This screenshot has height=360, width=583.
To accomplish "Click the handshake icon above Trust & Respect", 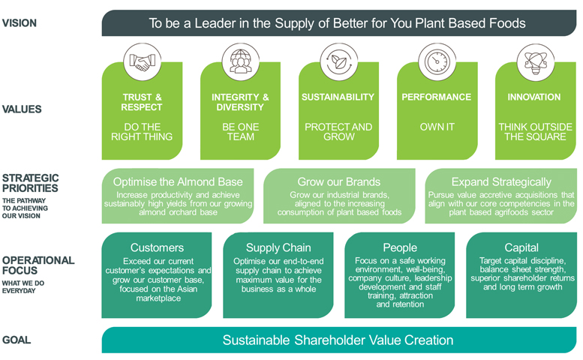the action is pyautogui.click(x=142, y=62).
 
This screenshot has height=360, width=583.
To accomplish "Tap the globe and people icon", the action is pyautogui.click(x=241, y=61).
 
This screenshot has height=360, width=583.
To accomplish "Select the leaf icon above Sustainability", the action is pyautogui.click(x=338, y=61).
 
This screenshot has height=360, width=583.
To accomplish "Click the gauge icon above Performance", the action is pyautogui.click(x=437, y=61).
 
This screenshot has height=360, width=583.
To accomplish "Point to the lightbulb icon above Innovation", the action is pyautogui.click(x=536, y=62).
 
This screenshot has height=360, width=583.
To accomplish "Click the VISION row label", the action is pyautogui.click(x=20, y=23).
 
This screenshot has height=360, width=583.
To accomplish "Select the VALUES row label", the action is pyautogui.click(x=22, y=109).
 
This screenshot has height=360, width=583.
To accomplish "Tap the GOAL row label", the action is pyautogui.click(x=17, y=340).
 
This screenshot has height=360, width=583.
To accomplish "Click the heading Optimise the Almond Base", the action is pyautogui.click(x=178, y=181).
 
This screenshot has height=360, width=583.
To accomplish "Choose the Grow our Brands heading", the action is pyautogui.click(x=338, y=181).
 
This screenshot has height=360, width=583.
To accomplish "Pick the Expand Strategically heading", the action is pyautogui.click(x=501, y=182).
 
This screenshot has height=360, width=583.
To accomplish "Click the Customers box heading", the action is pyautogui.click(x=157, y=247).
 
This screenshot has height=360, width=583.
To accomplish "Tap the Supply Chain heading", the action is pyautogui.click(x=278, y=247).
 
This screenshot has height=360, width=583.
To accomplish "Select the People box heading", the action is pyautogui.click(x=400, y=247).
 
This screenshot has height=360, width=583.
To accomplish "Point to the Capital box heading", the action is pyautogui.click(x=521, y=247).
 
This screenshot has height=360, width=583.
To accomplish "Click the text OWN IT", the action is pyautogui.click(x=437, y=127).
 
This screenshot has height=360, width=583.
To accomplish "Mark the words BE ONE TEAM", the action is pyautogui.click(x=241, y=132).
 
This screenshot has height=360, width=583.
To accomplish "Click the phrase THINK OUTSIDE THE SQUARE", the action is pyautogui.click(x=536, y=132).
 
